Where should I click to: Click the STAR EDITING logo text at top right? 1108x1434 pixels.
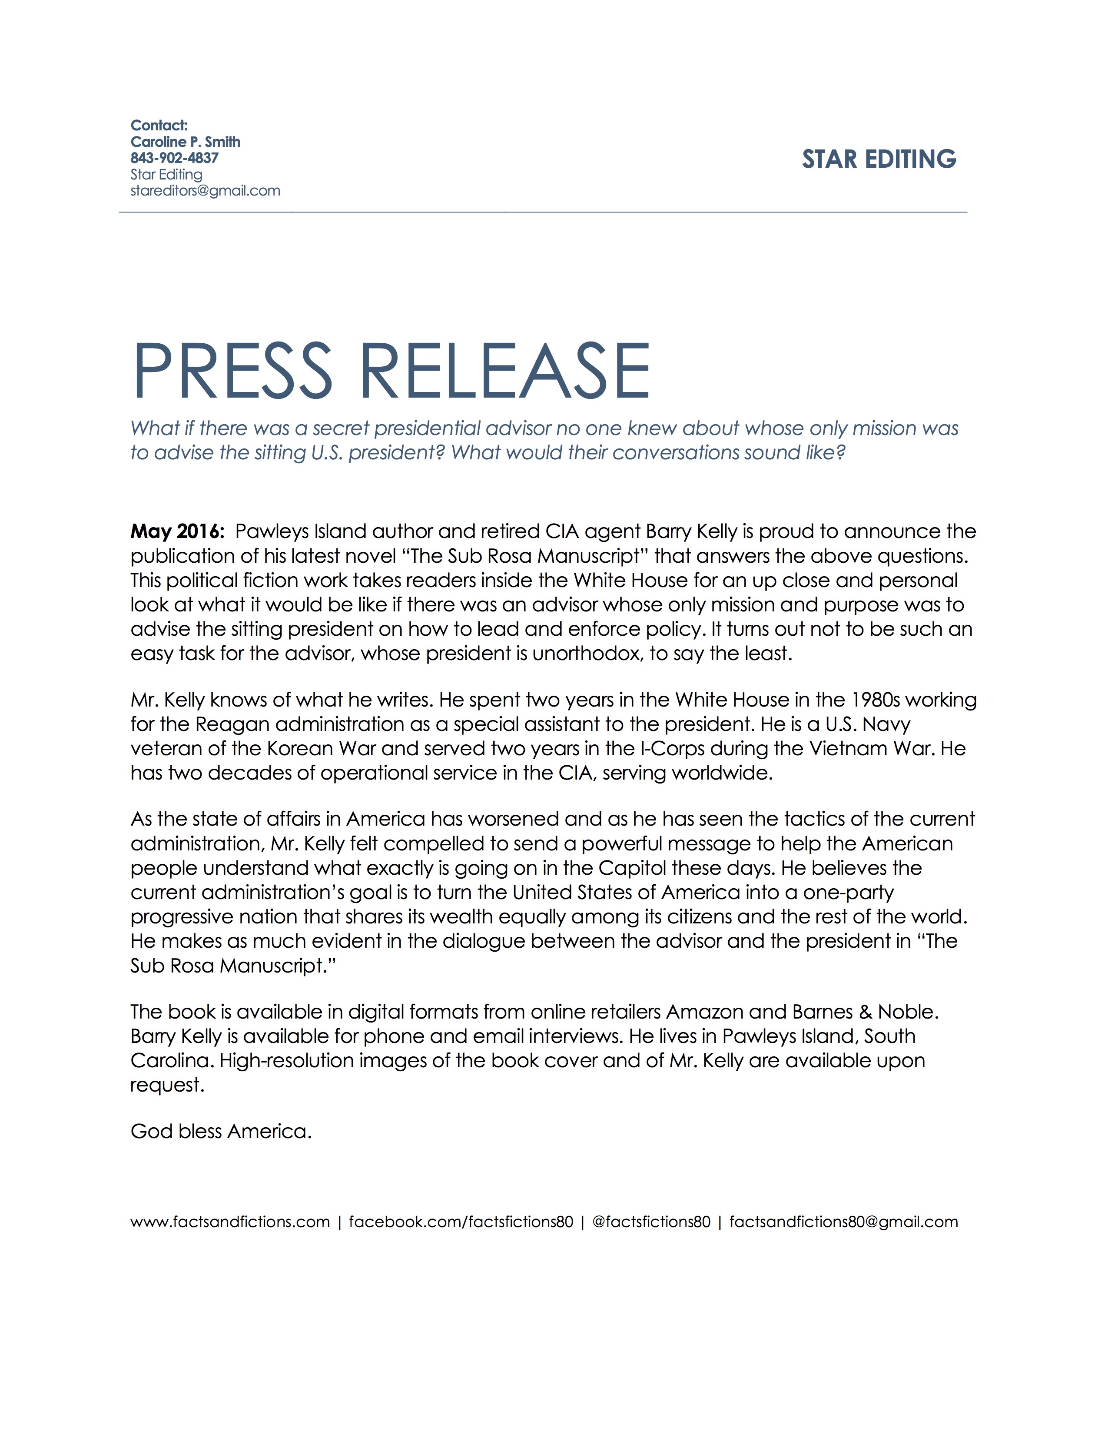(879, 159)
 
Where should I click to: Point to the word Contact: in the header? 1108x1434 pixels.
(159, 126)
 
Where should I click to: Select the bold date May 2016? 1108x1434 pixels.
(177, 531)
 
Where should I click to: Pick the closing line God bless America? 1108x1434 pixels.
(221, 1131)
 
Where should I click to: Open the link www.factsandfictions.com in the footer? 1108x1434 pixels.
(230, 1222)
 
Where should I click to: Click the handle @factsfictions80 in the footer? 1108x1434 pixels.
(651, 1222)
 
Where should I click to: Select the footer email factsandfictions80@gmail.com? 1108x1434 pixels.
(843, 1222)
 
